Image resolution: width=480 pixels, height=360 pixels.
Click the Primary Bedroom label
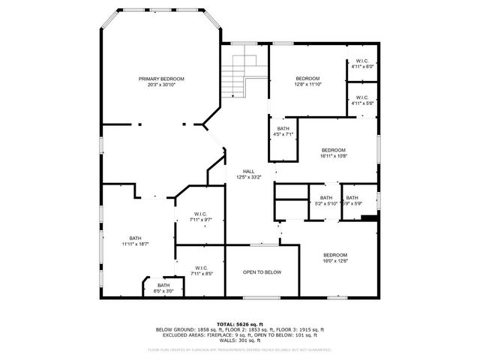coord(160,79)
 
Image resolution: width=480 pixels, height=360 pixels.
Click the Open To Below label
coord(262,272)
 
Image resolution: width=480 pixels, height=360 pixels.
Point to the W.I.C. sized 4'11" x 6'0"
coord(361,64)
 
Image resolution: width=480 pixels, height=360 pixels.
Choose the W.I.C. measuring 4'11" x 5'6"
coord(361,100)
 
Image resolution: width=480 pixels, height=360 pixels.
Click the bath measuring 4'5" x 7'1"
coord(283,132)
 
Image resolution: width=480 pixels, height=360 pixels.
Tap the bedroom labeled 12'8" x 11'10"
coord(307,82)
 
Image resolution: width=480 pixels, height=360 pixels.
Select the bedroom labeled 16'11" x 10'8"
coord(334,153)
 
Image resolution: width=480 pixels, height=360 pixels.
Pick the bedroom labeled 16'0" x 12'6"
coord(335,258)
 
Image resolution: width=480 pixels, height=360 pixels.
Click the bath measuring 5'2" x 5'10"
coord(325,200)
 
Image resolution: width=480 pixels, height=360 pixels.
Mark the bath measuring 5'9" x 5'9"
coord(352,200)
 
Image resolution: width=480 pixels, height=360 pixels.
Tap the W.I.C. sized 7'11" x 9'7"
coord(201,217)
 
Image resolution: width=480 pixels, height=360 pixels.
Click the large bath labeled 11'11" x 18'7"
coord(136,241)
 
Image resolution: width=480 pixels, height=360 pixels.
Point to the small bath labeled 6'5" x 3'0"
coord(163,288)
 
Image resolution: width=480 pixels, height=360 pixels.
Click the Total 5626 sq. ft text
coord(239,323)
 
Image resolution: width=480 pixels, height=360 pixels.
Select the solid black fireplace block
coord(368,218)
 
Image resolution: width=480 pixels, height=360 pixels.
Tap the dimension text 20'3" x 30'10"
coord(160,85)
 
